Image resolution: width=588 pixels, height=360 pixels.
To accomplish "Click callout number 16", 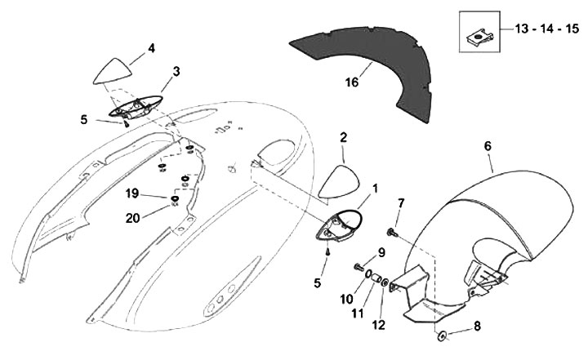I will (x=351, y=83).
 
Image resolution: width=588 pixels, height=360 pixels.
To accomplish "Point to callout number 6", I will (x=488, y=145).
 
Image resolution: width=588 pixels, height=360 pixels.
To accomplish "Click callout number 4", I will (x=151, y=48).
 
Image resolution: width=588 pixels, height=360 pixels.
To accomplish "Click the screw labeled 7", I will (x=391, y=233).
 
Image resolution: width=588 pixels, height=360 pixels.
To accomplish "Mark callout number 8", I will (x=477, y=326).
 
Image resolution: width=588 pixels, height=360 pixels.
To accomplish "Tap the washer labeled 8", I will (x=442, y=335).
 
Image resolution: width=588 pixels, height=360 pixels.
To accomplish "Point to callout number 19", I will (x=133, y=195).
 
